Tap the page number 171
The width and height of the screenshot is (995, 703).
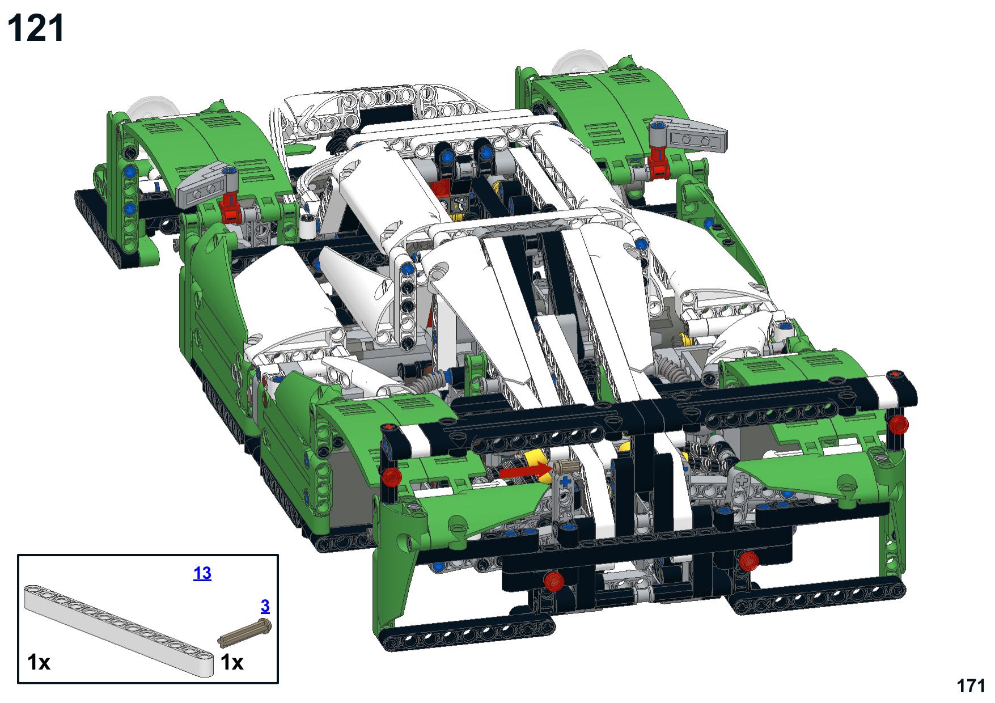[971, 685]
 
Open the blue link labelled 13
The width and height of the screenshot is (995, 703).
[202, 573]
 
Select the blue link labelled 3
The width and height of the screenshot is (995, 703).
[265, 606]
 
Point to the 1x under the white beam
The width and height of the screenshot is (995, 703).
[39, 662]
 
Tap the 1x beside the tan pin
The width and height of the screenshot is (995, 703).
[232, 662]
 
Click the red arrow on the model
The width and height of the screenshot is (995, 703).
[525, 471]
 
